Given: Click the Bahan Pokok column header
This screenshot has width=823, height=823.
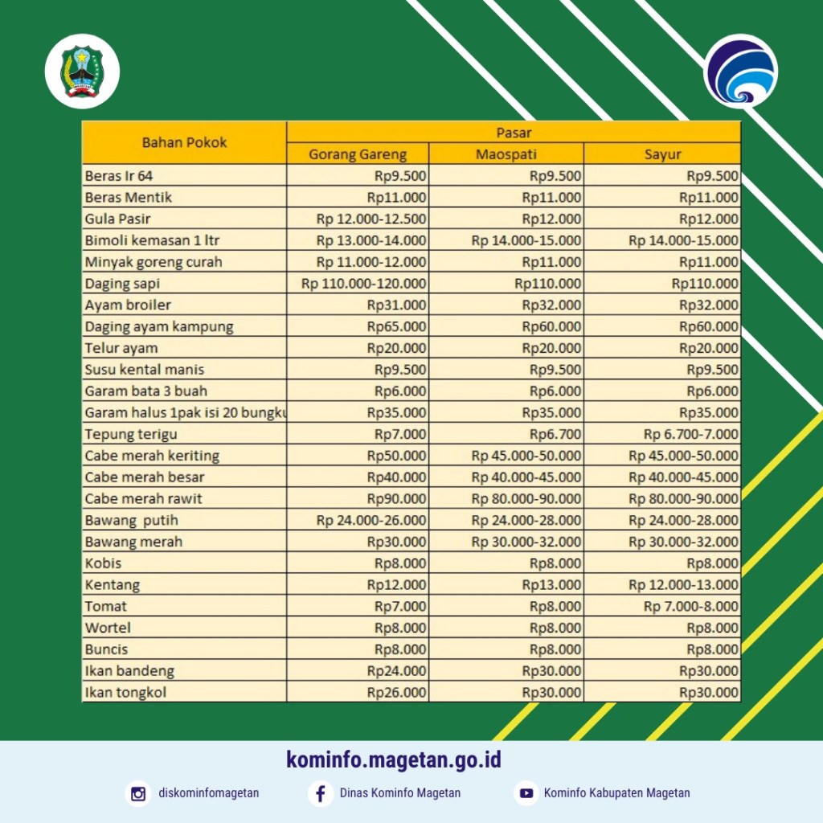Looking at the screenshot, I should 184,142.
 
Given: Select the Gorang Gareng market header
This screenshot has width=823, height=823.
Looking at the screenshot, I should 358,154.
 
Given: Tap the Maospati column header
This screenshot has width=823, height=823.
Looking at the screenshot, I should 506,154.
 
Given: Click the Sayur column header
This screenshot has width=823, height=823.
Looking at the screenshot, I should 662,154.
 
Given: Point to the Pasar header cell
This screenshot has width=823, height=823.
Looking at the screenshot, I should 514,132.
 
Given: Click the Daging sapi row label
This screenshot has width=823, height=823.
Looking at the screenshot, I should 122,284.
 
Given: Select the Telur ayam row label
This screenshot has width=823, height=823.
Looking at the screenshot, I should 121,348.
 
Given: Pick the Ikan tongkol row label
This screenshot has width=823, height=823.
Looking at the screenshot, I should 125,692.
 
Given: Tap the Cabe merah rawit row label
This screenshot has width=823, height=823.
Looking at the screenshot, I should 143,498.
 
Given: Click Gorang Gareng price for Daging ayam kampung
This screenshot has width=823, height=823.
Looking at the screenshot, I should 397,326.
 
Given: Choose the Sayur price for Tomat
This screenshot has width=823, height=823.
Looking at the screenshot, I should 691,606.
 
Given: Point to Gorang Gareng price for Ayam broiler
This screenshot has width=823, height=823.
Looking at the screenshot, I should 397,305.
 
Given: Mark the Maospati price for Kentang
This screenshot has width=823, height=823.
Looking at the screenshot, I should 551,584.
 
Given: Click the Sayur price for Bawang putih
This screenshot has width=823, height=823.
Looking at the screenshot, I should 683,520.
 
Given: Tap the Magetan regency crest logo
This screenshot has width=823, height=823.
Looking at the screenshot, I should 82,72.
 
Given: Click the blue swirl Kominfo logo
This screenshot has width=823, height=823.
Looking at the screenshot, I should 740,71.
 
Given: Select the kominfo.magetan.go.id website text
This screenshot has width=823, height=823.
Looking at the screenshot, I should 394,760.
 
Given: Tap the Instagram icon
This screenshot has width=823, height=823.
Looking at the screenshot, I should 138,793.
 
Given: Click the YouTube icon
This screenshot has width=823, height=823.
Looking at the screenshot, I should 526,793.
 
